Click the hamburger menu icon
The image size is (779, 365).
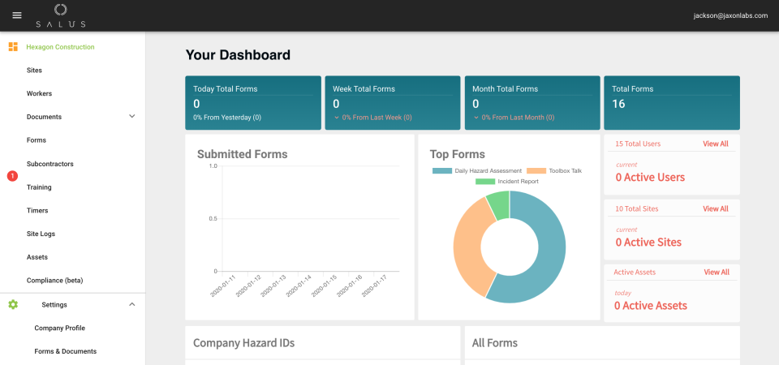coord(17,15)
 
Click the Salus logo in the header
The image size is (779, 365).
coord(60,15)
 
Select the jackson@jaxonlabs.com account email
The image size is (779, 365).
coord(730,15)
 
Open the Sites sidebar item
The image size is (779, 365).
coord(34,71)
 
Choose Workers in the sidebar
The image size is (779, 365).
coord(39,93)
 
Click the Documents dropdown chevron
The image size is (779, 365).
coord(132,117)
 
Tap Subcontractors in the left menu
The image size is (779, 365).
coord(50,164)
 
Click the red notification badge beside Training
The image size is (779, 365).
coord(12,176)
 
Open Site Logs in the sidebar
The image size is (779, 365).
coord(41,234)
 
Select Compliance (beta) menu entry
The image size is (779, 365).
coord(54,281)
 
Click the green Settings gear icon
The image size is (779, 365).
coord(13,304)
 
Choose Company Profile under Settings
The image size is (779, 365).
coord(59,328)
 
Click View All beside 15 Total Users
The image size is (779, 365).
coord(715,144)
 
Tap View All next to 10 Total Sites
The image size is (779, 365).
coord(715,208)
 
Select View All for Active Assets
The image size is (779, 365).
coord(716,273)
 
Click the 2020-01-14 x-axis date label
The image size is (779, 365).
coord(301,286)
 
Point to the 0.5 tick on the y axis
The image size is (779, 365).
coord(213,218)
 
